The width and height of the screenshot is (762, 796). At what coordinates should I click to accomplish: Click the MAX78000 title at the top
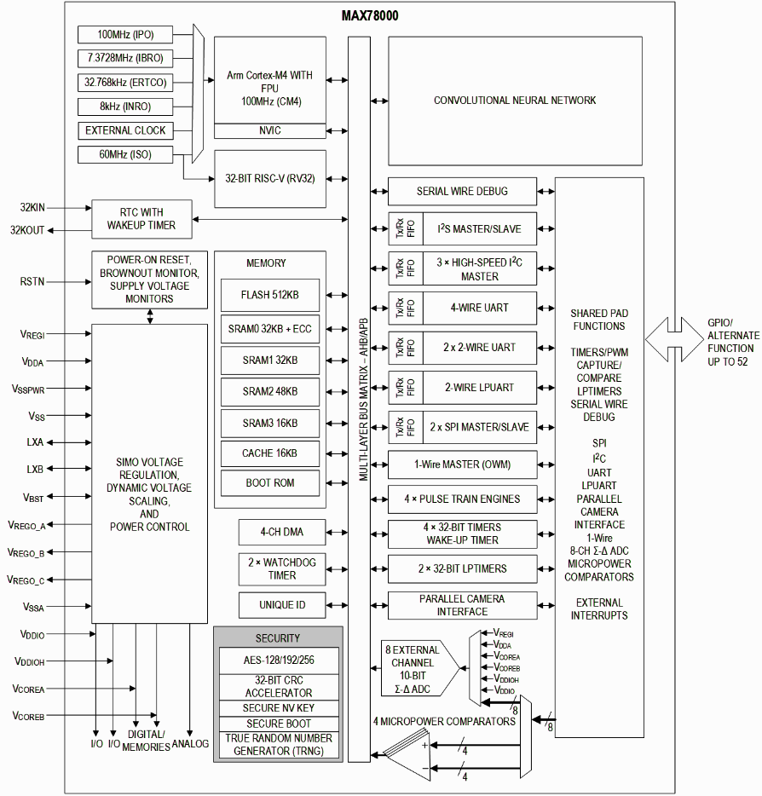click(x=370, y=15)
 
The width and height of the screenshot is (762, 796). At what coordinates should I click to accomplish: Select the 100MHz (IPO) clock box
click(x=124, y=34)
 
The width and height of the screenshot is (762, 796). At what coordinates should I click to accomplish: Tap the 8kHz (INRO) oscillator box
click(x=124, y=107)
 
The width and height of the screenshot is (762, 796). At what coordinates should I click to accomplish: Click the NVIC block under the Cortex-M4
click(x=269, y=130)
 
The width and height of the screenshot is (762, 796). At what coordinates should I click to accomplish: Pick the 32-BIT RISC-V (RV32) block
click(x=269, y=178)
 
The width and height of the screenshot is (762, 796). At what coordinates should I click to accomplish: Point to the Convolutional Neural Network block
click(x=515, y=101)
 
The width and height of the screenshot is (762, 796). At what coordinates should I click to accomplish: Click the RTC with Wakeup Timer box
click(x=141, y=219)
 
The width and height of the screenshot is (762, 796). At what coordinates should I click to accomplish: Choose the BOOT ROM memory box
click(x=269, y=482)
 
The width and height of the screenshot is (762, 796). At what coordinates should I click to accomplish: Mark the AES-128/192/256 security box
click(x=278, y=660)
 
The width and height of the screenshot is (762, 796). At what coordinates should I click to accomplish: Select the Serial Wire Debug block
click(x=462, y=191)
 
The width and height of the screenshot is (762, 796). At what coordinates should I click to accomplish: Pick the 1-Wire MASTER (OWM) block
click(x=462, y=464)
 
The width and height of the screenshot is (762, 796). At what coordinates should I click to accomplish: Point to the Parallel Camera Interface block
click(x=462, y=605)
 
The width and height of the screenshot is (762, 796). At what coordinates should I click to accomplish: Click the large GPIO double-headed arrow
click(x=674, y=340)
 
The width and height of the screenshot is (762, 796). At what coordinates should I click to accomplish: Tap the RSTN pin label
click(x=32, y=281)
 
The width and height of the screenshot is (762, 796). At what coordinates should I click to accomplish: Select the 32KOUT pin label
click(x=27, y=230)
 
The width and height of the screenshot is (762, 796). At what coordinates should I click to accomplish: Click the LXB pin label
click(x=34, y=469)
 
